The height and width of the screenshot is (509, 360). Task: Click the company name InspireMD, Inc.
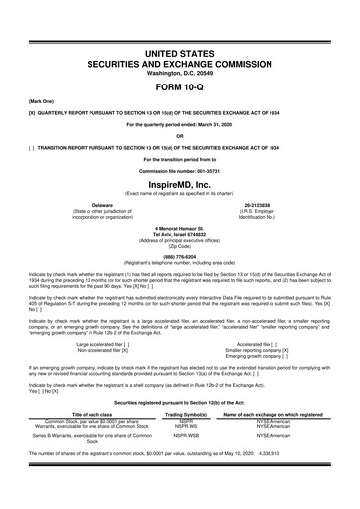180,186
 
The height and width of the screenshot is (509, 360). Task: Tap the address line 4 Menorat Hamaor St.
180,225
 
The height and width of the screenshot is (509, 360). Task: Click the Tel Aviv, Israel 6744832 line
180,232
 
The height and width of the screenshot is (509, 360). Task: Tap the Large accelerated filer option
92,343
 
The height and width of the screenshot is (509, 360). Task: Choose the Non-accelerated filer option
90,350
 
